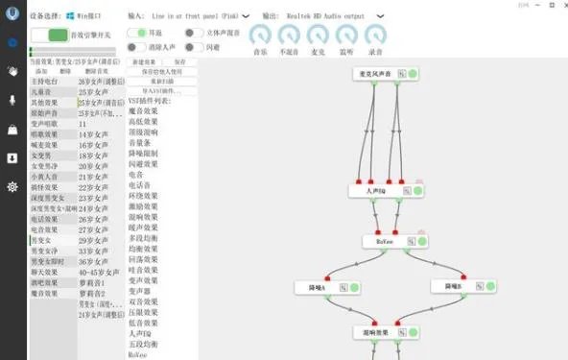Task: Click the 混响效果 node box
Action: (373, 332)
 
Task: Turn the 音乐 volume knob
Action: (260, 35)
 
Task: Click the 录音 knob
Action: (375, 35)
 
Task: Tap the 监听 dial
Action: (346, 35)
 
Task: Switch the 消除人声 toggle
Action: (136, 45)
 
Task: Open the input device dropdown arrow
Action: (246, 16)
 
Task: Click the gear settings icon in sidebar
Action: (12, 186)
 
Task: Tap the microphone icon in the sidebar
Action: (12, 100)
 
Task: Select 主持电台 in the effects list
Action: (45, 82)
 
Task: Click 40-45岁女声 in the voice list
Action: (97, 273)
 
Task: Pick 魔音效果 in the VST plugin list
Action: (141, 111)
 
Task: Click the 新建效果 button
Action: (144, 61)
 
